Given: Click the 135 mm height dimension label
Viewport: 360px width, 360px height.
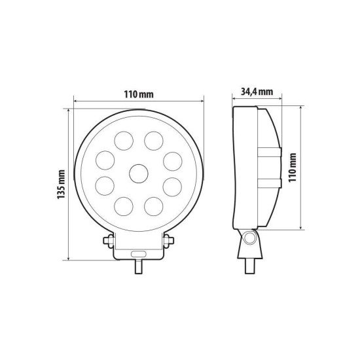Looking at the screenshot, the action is click(62, 185).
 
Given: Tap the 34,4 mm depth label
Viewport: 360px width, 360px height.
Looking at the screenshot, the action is click(257, 92).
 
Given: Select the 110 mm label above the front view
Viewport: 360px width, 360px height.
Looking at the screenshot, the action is click(139, 94).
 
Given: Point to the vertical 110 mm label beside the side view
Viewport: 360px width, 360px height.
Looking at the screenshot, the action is click(293, 168).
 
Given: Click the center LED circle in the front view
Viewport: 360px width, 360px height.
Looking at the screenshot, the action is click(139, 173).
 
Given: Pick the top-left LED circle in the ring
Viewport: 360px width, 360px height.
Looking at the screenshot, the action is click(124, 141).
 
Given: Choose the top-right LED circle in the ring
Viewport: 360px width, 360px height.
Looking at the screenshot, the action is click(154, 141).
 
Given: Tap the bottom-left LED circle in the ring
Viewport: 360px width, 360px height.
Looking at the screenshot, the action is click(124, 206).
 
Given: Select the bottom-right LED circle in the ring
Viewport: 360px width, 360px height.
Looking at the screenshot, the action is click(154, 206).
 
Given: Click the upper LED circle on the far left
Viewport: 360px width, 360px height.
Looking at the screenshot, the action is click(105, 160).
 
